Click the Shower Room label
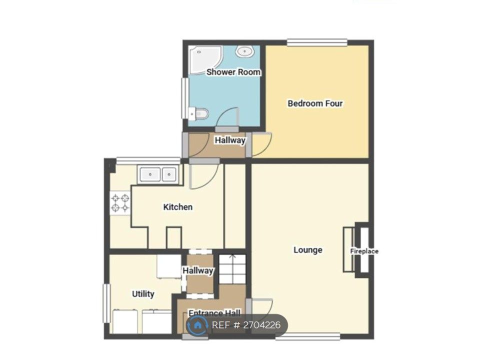(x=233, y=72)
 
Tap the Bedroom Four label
(x=315, y=103)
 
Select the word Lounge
(x=307, y=250)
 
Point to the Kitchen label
(x=178, y=207)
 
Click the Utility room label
(x=143, y=294)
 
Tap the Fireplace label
(x=364, y=251)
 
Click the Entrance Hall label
(x=214, y=313)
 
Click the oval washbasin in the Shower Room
(x=245, y=51)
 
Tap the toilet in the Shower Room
(x=198, y=114)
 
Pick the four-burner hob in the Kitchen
(x=120, y=203)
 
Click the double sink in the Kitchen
(x=158, y=175)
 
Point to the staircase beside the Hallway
(x=232, y=269)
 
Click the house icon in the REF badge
(x=198, y=325)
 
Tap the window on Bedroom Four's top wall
(x=317, y=42)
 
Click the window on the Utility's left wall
(x=106, y=303)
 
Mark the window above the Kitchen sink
(x=148, y=160)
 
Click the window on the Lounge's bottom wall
(x=308, y=336)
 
